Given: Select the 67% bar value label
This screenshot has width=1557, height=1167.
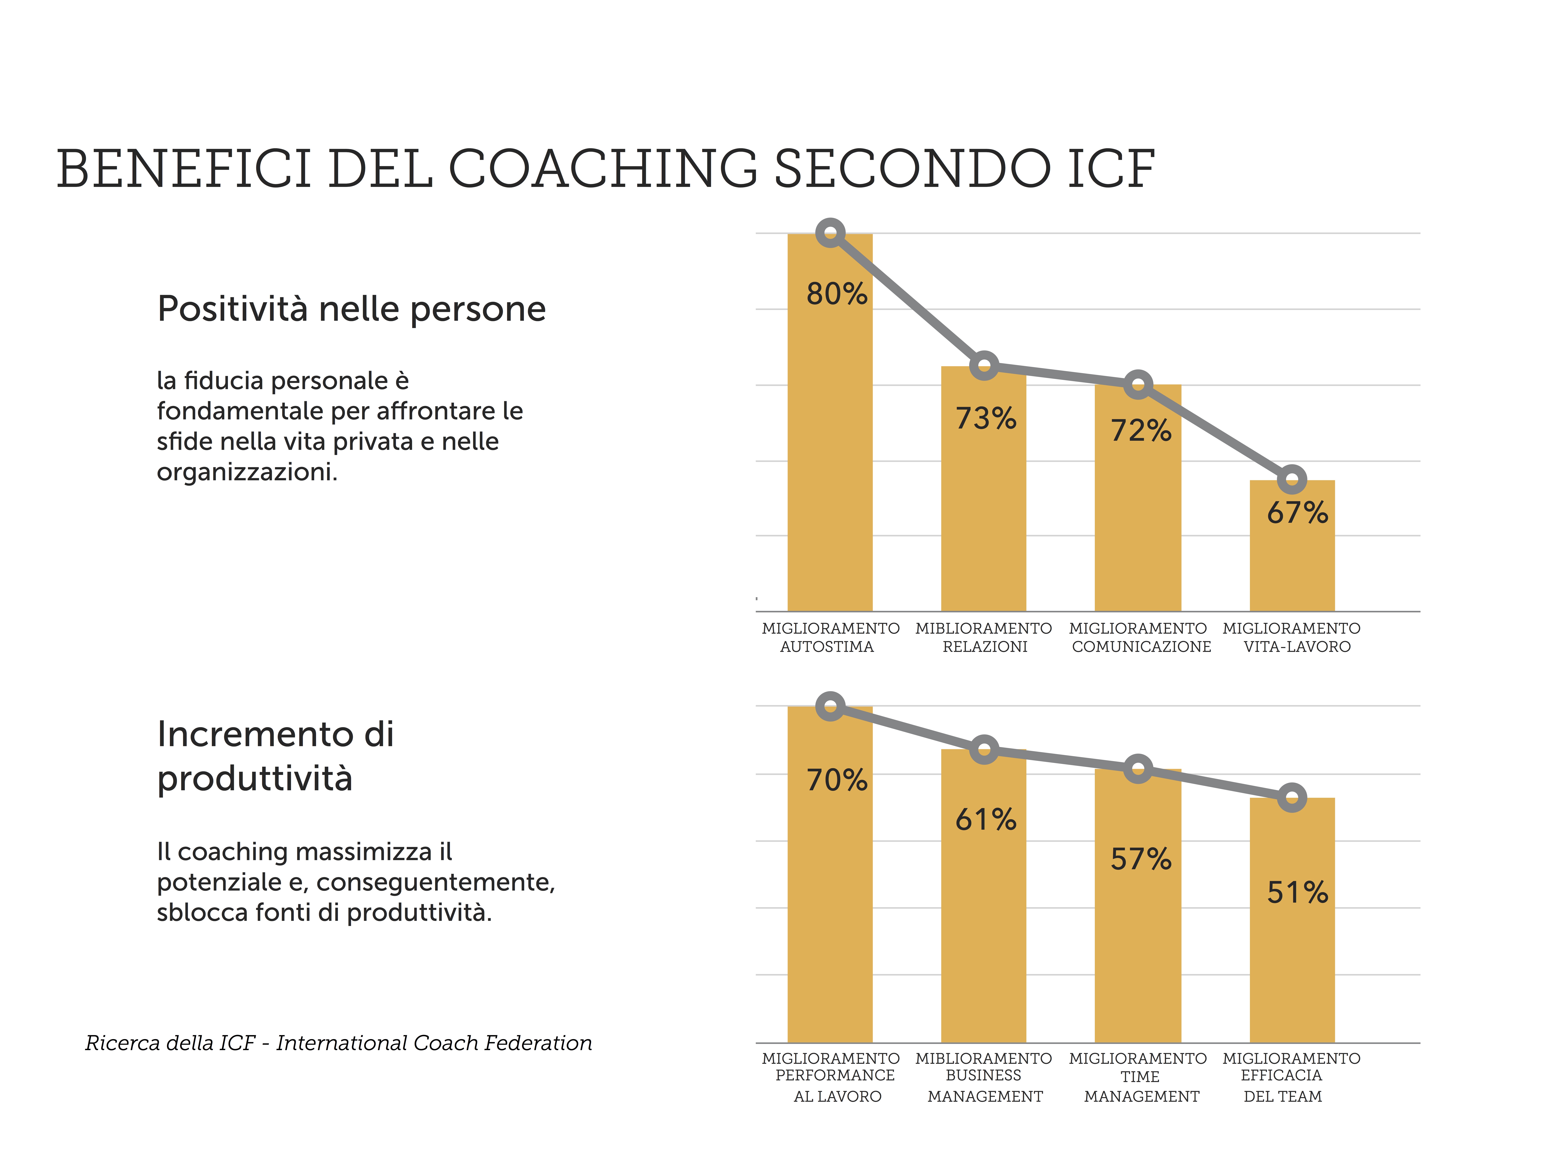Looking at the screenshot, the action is (1297, 513).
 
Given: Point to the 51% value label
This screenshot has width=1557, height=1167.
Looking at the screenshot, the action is (1297, 893).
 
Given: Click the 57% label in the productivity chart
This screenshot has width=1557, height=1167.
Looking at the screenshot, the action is (1141, 859).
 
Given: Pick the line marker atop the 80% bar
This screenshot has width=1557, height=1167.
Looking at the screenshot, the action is (831, 233).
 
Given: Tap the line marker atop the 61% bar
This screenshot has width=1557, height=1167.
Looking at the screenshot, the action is (984, 750).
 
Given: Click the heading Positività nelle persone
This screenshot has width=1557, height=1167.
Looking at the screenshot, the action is (351, 309).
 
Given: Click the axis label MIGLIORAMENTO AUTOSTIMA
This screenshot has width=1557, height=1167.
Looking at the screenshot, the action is (830, 637).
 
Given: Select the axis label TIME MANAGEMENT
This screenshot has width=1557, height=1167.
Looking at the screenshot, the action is (1141, 1087).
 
